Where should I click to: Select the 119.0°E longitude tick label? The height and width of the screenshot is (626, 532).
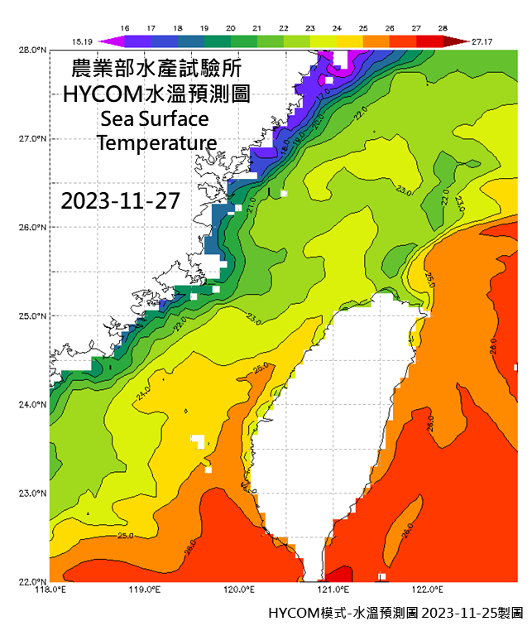coord(145,590)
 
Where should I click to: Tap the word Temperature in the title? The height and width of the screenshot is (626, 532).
coord(156,142)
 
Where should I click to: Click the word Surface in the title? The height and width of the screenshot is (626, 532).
coord(176,118)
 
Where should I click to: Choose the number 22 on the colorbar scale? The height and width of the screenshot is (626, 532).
coord(295,28)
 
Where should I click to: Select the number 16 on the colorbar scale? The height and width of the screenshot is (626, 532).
coord(126,28)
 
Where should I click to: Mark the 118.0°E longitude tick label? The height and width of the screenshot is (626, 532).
coord(50,590)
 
